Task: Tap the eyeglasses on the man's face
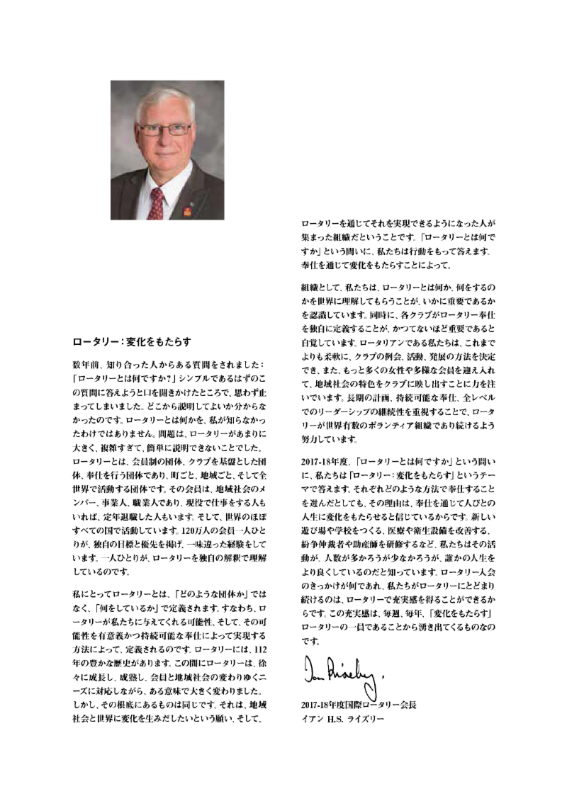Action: (x=164, y=130)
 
